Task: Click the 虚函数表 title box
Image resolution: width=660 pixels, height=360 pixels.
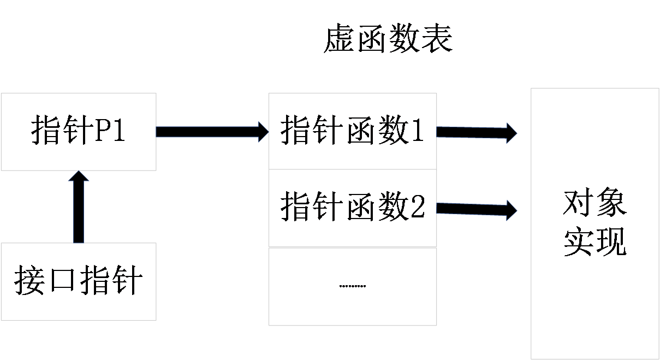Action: (388, 40)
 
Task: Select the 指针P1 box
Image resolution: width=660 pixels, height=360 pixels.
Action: (78, 132)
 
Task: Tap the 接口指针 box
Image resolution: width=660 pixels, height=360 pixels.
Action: (78, 281)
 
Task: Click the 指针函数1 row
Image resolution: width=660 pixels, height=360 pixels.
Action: (353, 132)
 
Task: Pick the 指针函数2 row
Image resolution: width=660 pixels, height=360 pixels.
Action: (353, 208)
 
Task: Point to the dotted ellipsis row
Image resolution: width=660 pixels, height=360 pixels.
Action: (353, 286)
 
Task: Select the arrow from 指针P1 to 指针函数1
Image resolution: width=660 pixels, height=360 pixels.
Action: (212, 132)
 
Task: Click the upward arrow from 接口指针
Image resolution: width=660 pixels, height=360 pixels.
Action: (79, 206)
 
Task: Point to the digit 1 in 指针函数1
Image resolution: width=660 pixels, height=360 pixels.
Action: (418, 132)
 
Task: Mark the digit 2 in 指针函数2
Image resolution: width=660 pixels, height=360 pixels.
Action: (418, 208)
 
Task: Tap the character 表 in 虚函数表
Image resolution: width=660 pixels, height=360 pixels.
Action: (437, 40)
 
